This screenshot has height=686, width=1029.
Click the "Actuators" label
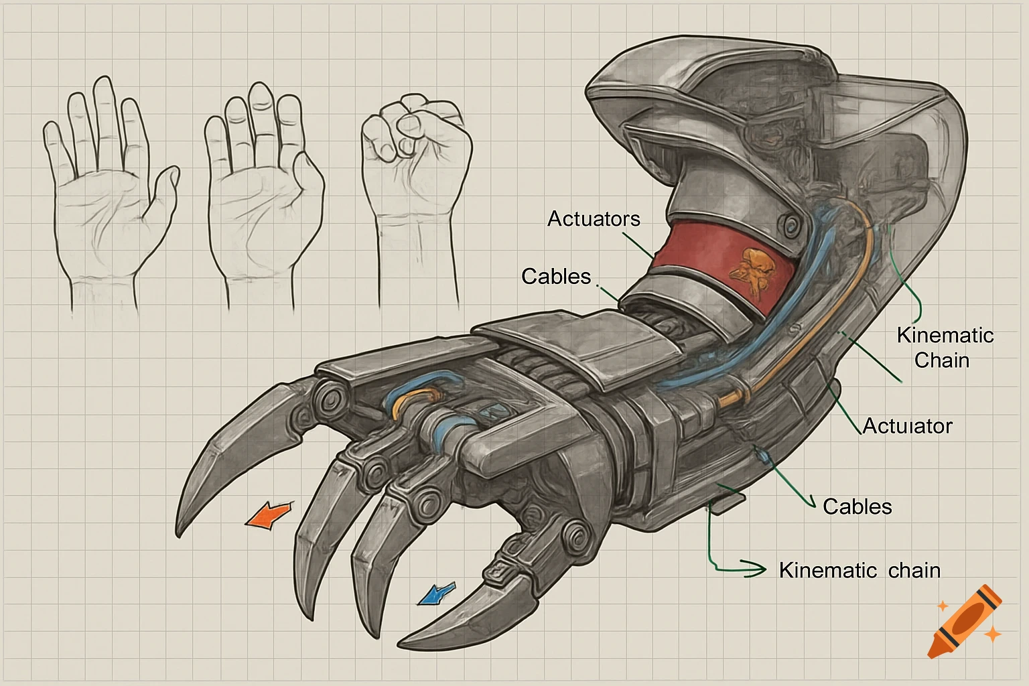(594, 219)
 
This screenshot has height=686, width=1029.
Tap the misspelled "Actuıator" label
(907, 426)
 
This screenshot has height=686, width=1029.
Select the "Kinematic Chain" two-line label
(945, 347)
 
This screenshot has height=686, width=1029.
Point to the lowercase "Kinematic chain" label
(860, 571)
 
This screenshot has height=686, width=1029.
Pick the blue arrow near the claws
(435, 592)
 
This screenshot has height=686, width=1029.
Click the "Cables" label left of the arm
(556, 277)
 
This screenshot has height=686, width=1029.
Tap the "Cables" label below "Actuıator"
(857, 506)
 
